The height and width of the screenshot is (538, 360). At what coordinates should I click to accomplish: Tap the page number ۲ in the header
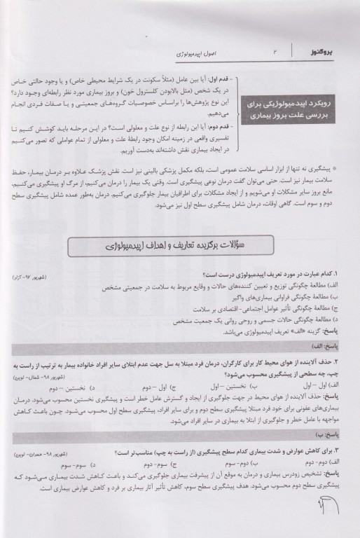(x=275, y=53)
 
